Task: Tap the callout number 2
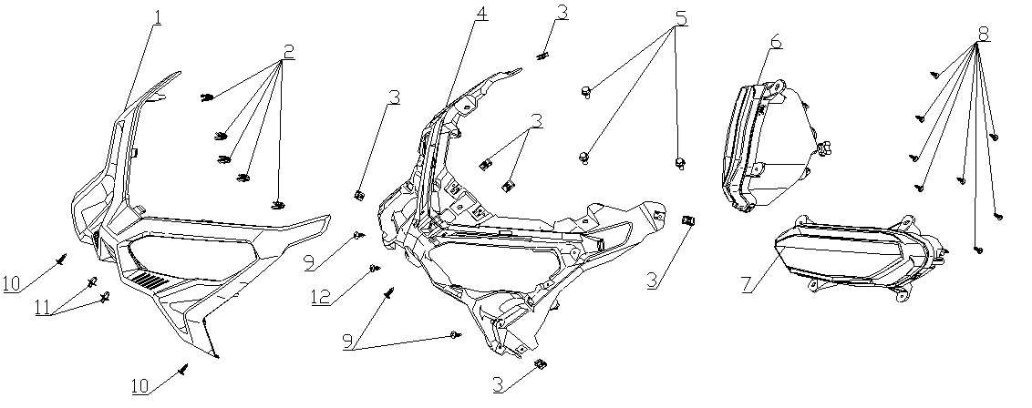coord(288,53)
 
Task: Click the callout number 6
coord(775,42)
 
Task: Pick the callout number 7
coord(747,283)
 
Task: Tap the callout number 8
coord(983,33)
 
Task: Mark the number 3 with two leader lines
coord(539,118)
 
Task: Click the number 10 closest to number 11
coord(11,284)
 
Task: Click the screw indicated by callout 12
coord(374,269)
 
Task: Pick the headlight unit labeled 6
coord(766,146)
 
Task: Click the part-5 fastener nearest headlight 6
coord(680,163)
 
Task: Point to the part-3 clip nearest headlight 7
coord(689,221)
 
